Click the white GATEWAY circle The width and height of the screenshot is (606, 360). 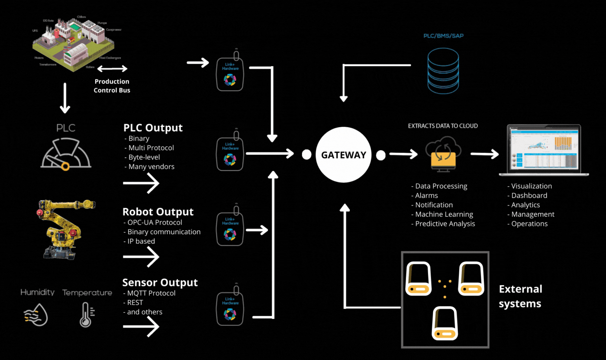[x=344, y=155]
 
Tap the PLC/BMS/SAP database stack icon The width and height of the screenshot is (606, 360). [x=442, y=69]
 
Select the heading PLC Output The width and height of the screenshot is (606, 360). [x=153, y=128]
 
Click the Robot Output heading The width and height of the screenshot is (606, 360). [x=158, y=212]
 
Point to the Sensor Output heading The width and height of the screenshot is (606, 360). [x=160, y=283]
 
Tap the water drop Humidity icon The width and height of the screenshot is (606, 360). [x=35, y=315]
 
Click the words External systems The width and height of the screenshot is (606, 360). [x=520, y=296]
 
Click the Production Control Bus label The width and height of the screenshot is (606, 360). [x=112, y=86]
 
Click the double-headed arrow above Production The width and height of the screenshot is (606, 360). [x=112, y=69]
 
